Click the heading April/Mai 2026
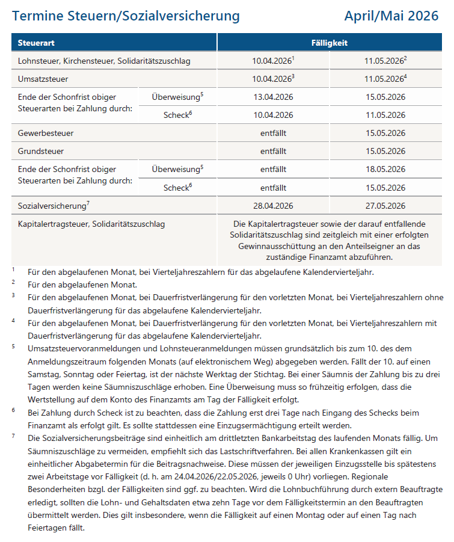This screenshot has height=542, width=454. tap(391, 16)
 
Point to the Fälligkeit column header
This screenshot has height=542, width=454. tap(329, 43)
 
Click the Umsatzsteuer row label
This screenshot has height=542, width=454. tap(43, 79)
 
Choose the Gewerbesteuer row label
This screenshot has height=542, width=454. tap(46, 133)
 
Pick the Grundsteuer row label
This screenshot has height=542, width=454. tap(41, 151)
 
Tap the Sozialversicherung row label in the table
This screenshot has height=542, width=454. tap(53, 206)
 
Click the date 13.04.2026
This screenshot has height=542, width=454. tap(273, 97)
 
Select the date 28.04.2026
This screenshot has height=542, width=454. tap(273, 206)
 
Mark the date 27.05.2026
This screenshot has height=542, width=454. tap(385, 206)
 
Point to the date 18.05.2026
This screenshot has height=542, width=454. tap(385, 170)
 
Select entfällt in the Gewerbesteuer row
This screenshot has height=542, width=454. tap(273, 133)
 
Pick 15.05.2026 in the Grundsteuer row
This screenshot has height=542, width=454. tap(385, 151)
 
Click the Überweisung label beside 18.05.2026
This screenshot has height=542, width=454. tap(176, 170)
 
